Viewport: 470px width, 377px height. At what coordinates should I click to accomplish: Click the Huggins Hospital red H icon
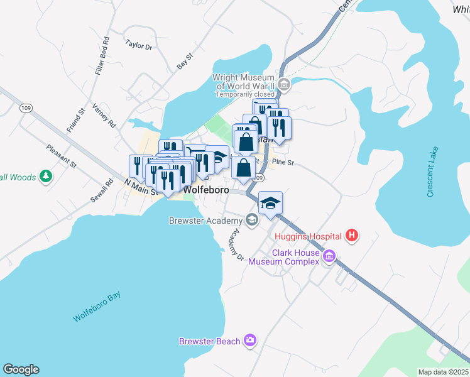352,236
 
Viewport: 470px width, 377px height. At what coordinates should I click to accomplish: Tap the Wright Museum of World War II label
246,82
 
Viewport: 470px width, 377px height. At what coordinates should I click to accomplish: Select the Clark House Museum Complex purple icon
329,256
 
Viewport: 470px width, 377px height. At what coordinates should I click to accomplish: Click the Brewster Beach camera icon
251,341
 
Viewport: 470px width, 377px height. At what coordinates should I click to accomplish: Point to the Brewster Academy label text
205,221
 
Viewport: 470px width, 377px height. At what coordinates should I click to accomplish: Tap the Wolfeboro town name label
204,188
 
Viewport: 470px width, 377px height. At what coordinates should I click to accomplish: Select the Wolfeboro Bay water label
96,307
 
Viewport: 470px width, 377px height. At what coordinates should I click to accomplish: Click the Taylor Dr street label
139,45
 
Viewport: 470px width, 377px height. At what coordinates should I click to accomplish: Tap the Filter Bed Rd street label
102,57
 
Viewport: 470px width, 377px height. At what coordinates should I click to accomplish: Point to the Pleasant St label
61,157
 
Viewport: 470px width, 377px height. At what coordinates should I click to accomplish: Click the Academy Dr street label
235,244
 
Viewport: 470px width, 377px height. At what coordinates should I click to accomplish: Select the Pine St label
283,162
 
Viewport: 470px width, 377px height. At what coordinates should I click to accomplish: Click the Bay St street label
184,61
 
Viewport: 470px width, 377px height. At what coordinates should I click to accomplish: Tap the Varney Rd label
104,116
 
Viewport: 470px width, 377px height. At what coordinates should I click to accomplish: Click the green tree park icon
45,177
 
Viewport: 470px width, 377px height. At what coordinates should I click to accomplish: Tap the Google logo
21,369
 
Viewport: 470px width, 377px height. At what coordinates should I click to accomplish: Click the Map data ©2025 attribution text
443,372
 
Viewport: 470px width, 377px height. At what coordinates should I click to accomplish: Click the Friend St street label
76,121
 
